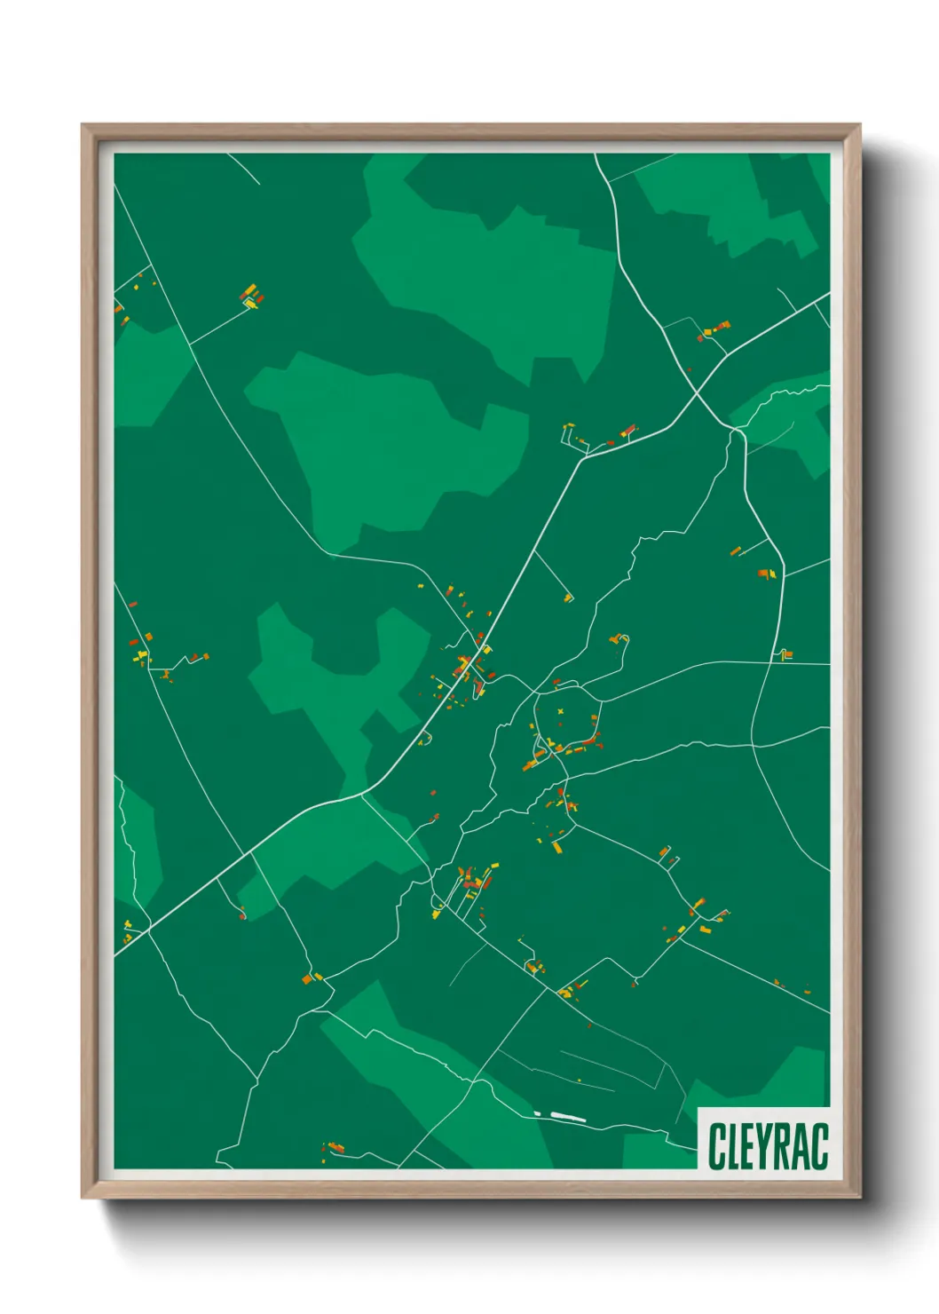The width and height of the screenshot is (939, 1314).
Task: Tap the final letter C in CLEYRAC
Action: click(x=819, y=1146)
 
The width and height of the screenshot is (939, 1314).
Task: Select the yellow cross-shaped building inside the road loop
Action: click(x=561, y=712)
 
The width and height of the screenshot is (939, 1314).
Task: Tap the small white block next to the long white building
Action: click(x=537, y=1113)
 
